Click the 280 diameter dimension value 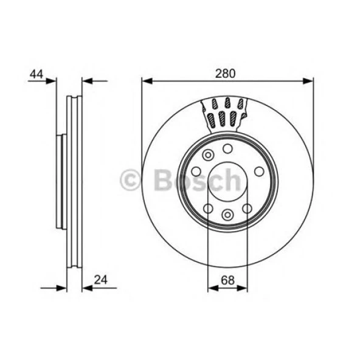[x=226, y=73]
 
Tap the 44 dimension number [x=36, y=74]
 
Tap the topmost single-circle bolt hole [x=227, y=148]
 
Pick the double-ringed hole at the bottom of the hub [x=227, y=214]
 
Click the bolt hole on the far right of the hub [x=258, y=171]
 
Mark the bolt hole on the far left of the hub [x=196, y=171]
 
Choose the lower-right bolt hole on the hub [x=246, y=209]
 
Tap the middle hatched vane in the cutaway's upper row [x=227, y=102]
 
